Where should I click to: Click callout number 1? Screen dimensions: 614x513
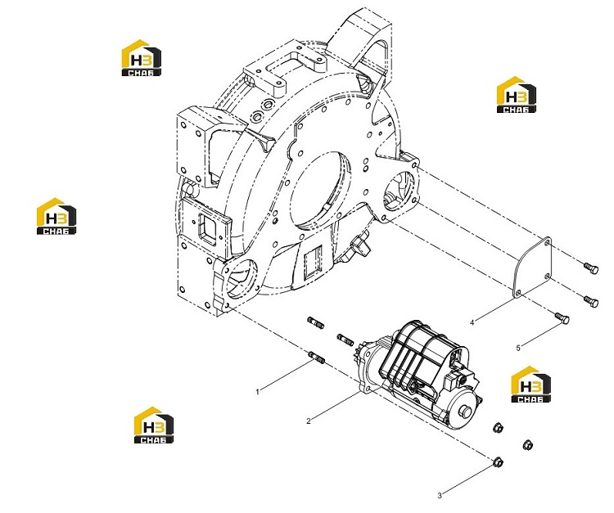pyautogui.click(x=257, y=392)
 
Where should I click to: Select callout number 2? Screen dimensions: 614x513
pyautogui.click(x=309, y=421)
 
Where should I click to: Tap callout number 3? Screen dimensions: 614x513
pyautogui.click(x=440, y=495)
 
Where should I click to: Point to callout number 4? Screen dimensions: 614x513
pyautogui.click(x=472, y=322)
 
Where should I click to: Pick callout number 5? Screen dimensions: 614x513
pyautogui.click(x=518, y=348)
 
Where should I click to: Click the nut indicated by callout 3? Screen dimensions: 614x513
pyautogui.click(x=498, y=461)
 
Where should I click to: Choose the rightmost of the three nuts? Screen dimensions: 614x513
pyautogui.click(x=528, y=445)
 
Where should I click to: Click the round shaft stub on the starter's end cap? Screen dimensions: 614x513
pyautogui.click(x=467, y=412)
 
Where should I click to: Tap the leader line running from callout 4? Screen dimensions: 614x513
pyautogui.click(x=494, y=311)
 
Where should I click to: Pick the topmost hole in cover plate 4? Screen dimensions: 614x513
pyautogui.click(x=547, y=243)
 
